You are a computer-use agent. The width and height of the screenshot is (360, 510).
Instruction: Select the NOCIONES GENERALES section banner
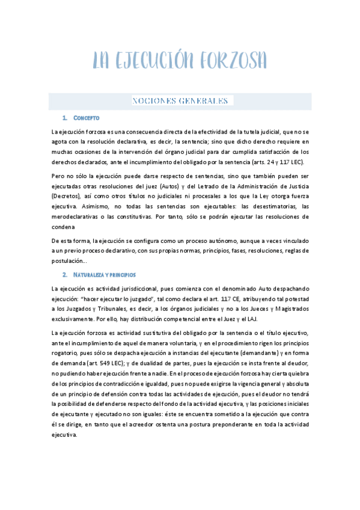tap(180, 100)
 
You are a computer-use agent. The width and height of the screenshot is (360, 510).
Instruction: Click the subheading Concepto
tap(86, 117)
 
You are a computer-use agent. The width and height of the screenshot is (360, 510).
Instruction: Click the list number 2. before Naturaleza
tap(65, 274)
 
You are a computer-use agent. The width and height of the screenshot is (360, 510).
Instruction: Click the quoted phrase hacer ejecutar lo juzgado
tap(106, 299)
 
